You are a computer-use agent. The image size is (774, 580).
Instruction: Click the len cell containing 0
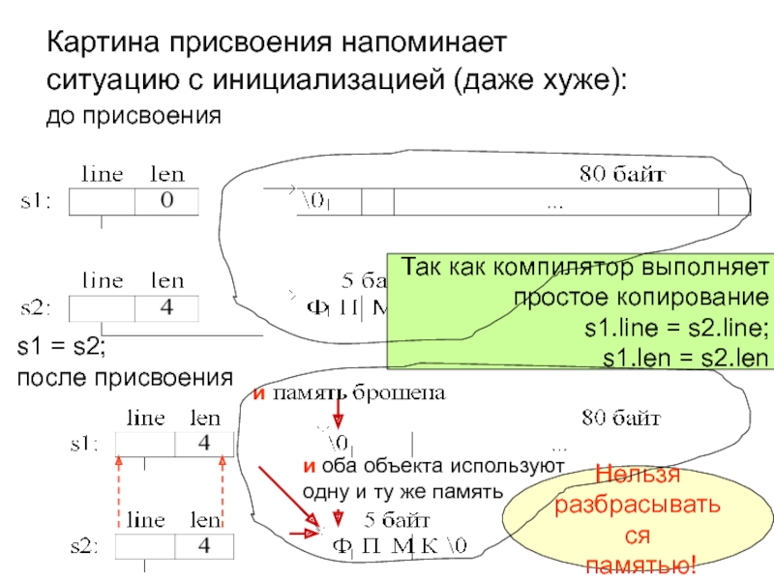click(x=165, y=201)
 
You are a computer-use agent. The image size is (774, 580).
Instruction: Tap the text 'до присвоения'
click(x=134, y=117)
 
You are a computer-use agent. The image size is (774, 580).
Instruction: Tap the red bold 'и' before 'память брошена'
click(x=258, y=393)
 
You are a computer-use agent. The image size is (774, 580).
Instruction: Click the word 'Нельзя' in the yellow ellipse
click(x=638, y=476)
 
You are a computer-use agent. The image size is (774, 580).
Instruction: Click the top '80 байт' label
click(x=620, y=175)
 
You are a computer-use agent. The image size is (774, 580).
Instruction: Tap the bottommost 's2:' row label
click(x=83, y=547)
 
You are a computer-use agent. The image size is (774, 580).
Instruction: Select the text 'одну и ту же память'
click(x=402, y=491)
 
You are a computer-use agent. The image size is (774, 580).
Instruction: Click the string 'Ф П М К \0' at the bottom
click(x=400, y=547)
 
